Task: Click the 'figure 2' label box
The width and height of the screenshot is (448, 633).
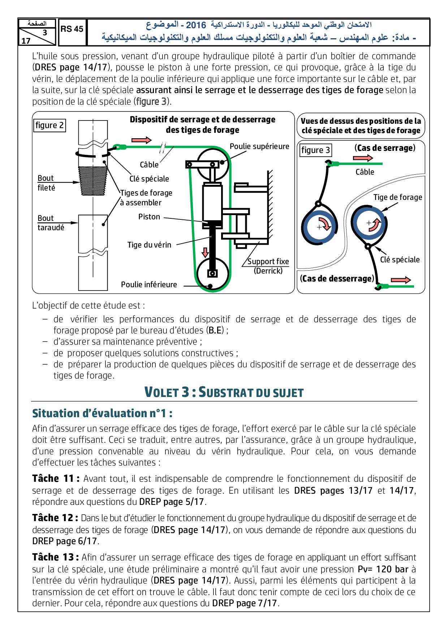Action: [x=49, y=125]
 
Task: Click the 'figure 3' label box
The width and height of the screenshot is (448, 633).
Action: [x=315, y=150]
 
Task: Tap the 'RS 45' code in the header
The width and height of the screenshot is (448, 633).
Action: [x=72, y=29]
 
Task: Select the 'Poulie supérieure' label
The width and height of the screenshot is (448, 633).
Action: [x=259, y=146]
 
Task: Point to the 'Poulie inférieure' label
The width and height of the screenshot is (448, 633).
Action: [x=149, y=284]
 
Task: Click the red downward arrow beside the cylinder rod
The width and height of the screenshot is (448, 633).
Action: [x=205, y=252]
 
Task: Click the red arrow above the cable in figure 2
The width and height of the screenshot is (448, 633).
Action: [x=142, y=140]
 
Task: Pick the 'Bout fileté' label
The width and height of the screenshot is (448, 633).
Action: [x=47, y=183]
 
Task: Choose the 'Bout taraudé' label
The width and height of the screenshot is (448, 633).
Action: [x=51, y=223]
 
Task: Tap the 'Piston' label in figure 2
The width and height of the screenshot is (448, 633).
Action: [x=149, y=217]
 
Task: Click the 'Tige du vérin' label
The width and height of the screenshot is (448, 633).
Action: [x=149, y=245]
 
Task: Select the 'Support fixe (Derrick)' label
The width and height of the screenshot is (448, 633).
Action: [x=268, y=266]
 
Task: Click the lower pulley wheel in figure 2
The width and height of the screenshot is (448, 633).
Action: [x=212, y=274]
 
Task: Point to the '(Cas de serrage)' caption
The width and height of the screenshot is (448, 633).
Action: [x=385, y=148]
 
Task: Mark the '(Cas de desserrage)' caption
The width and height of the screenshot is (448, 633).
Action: [x=337, y=279]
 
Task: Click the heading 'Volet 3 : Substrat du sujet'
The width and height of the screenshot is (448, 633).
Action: [x=224, y=392]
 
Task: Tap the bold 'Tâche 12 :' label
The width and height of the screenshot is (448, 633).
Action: [x=55, y=518]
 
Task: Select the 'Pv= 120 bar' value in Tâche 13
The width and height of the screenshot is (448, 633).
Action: [x=383, y=569]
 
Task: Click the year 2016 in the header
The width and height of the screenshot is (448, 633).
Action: [x=196, y=25]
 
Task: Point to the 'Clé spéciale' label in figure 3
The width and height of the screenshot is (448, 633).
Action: [x=400, y=259]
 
